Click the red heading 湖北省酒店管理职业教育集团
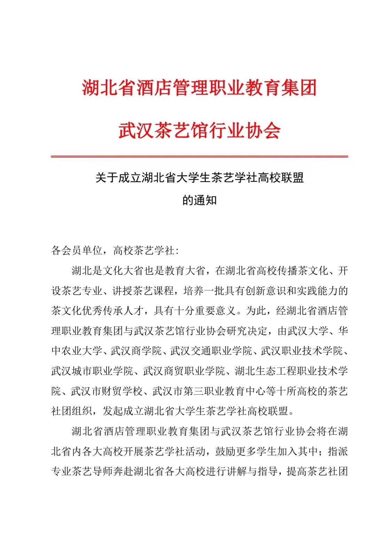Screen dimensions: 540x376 pos(199,88)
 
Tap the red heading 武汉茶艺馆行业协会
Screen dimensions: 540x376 pos(199,131)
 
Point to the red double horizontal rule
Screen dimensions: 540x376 pos(199,156)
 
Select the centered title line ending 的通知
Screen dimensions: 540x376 pos(199,200)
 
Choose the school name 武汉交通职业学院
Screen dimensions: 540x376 pos(211,351)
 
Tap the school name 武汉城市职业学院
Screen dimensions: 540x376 pos(92,371)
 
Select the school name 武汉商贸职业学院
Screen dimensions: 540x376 pos(184,371)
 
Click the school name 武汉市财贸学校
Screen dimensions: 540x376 pos(107,391)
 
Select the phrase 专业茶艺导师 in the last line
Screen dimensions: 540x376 pos(82,472)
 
